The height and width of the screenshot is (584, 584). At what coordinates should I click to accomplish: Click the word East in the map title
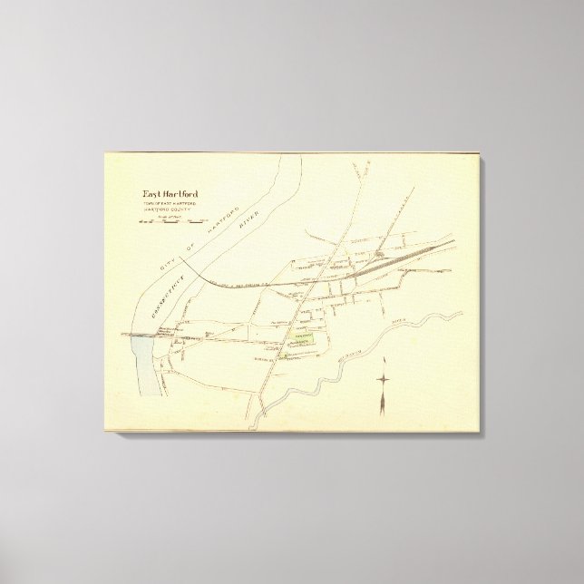152,192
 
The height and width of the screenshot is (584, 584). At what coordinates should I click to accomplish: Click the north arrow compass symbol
384,380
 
